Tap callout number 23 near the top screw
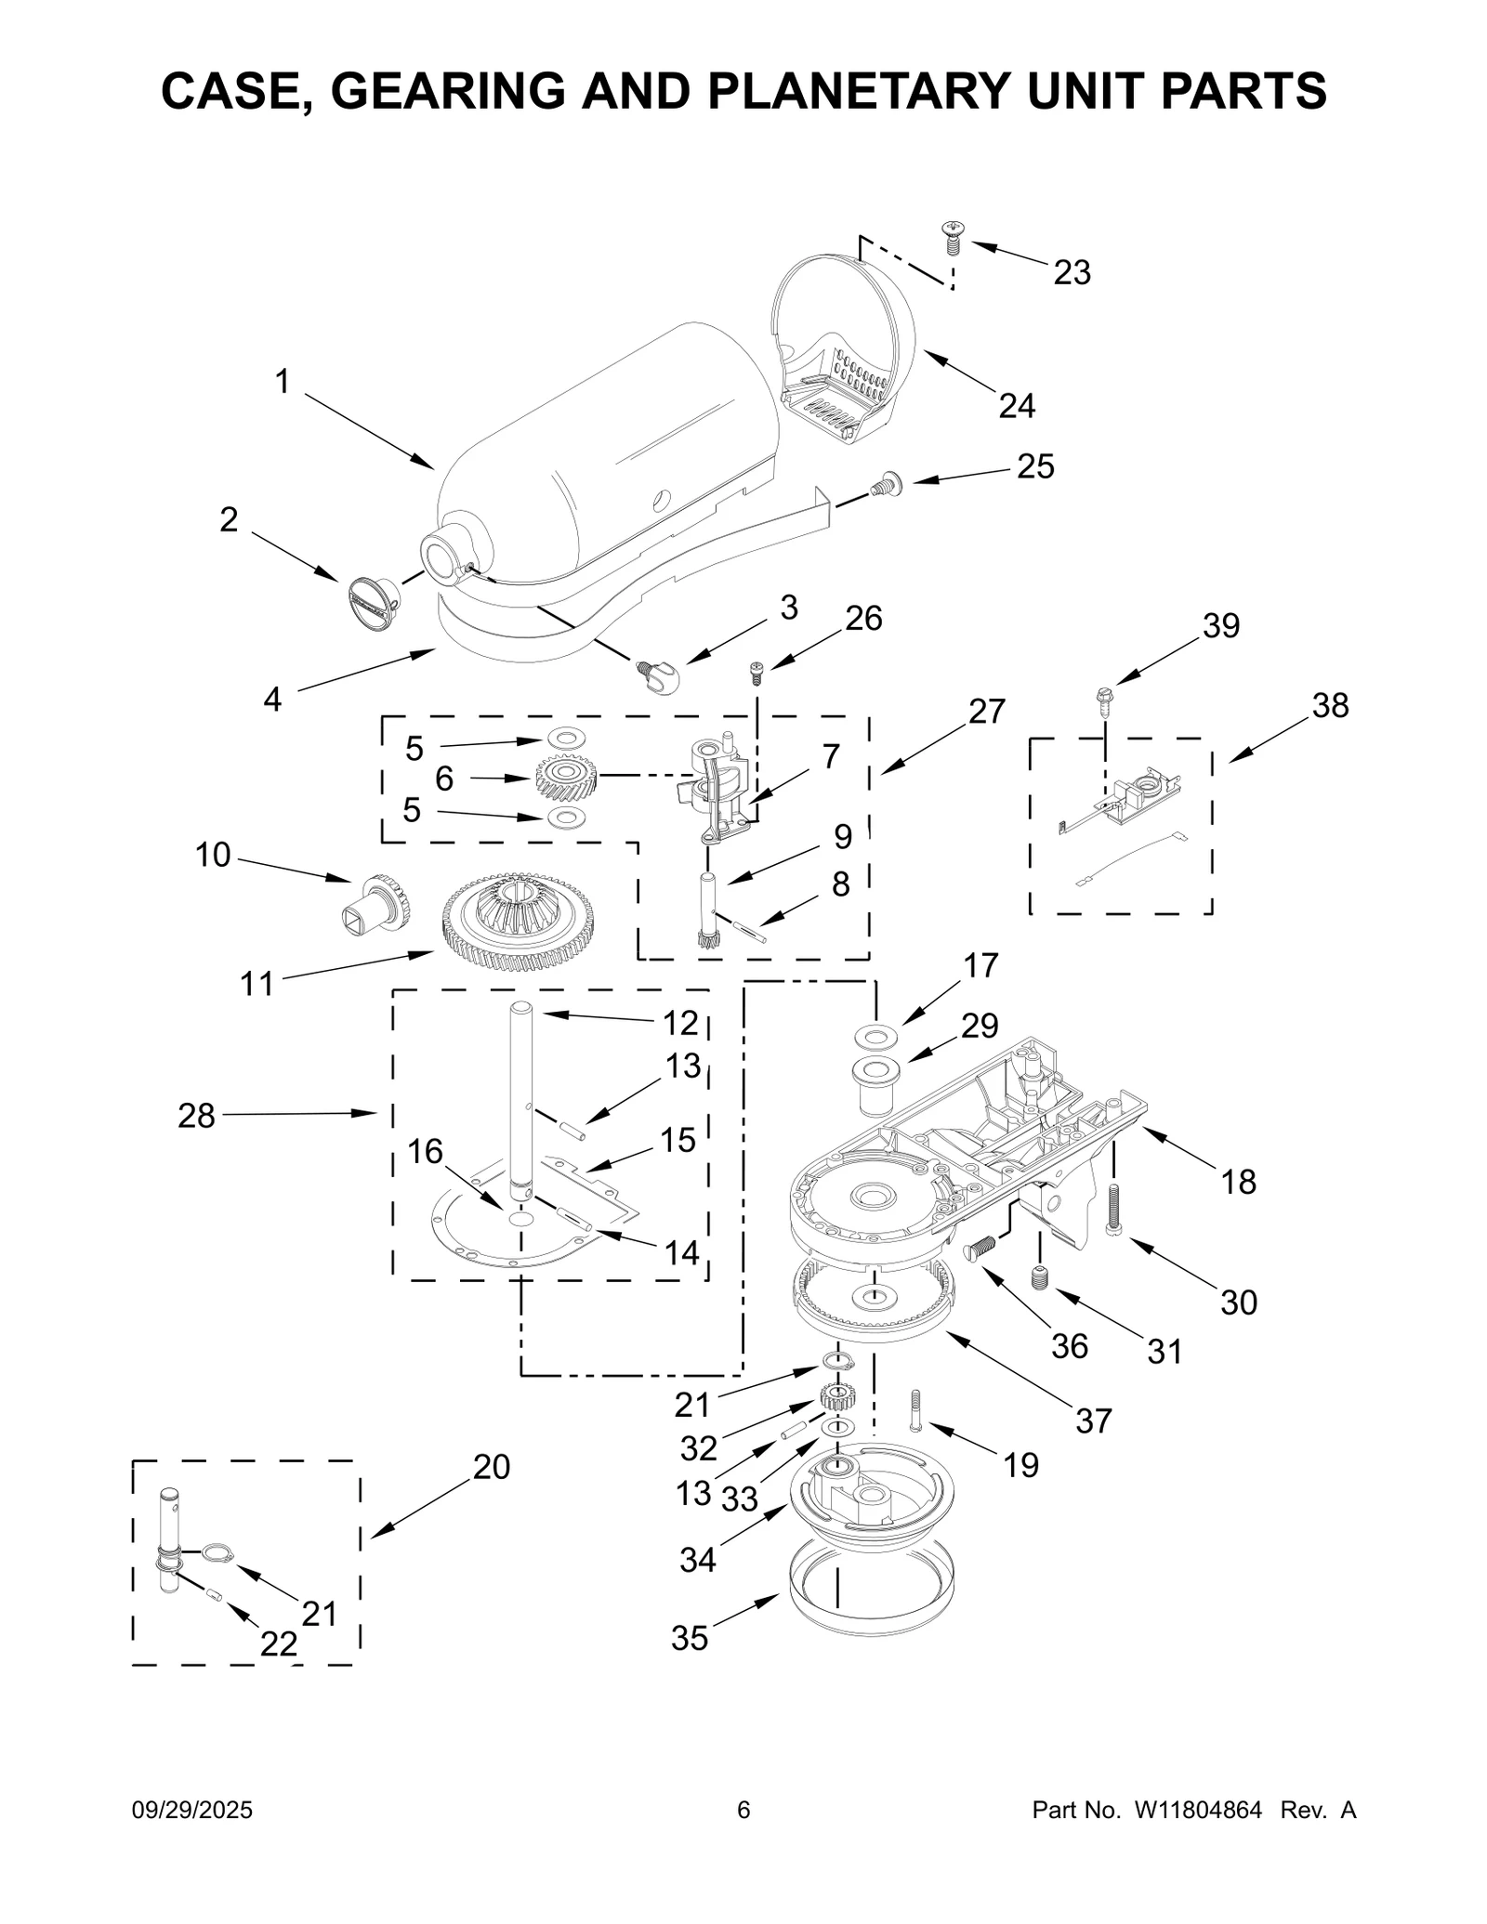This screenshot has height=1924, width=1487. coord(1071,272)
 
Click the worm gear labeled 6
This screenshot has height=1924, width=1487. coord(565,777)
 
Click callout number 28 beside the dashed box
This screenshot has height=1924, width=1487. coord(196,1115)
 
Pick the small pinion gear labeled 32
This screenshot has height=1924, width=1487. coord(837,1395)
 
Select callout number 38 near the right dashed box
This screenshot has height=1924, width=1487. coord(1329,706)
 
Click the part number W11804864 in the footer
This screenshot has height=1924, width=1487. coord(1196,1810)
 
